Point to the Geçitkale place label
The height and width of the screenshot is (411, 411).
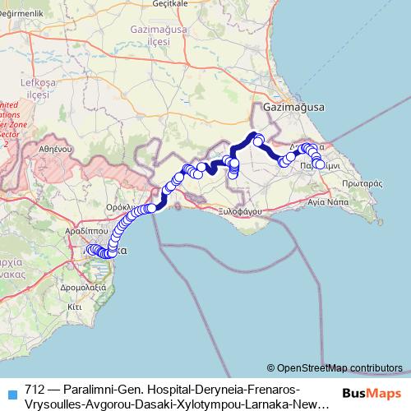coord(159,4)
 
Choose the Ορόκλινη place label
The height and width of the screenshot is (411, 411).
coord(126,208)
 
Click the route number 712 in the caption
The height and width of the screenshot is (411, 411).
coord(35,387)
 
